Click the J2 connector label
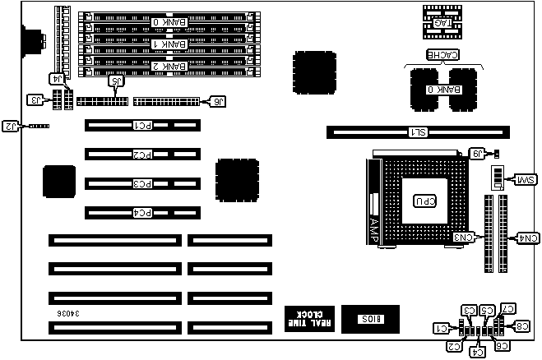(11, 126)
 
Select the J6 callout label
(217, 102)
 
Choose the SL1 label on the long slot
(418, 132)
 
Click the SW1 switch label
(525, 179)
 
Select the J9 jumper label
(477, 153)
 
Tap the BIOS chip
(368, 318)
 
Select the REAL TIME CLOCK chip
(309, 318)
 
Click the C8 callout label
(524, 326)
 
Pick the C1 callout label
(442, 329)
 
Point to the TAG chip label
(445, 23)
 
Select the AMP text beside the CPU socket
(374, 228)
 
